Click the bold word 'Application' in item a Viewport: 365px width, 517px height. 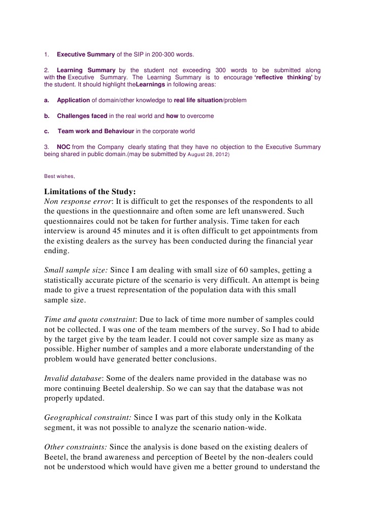[73, 100]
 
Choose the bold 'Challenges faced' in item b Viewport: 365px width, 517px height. [82, 116]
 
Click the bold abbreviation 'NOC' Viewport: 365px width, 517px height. [63, 147]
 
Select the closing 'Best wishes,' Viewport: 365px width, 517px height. [60, 176]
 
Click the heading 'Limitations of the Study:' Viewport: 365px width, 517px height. [90, 192]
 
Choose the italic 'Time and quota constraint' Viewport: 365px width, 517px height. [90, 320]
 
